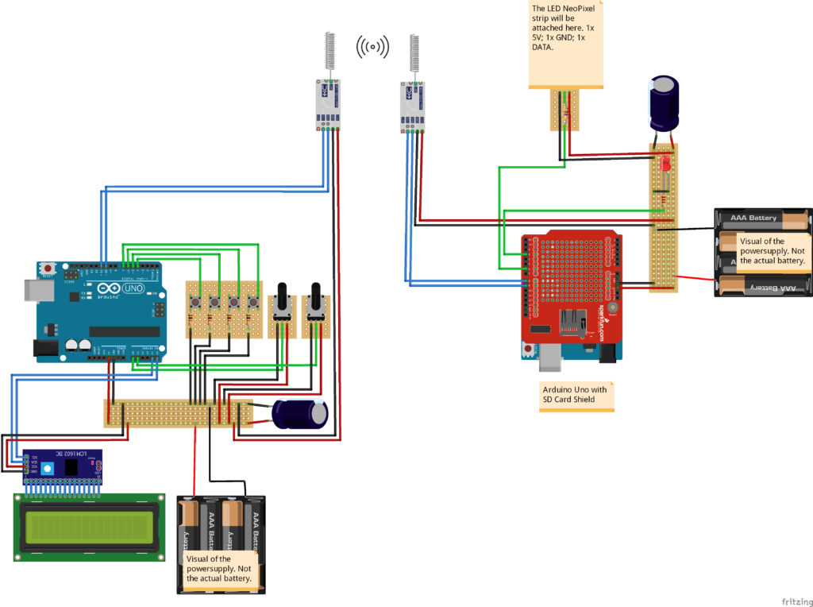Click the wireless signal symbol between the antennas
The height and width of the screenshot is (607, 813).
(x=372, y=48)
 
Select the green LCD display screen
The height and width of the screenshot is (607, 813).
(x=84, y=528)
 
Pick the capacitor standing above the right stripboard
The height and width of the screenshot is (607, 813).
(x=665, y=102)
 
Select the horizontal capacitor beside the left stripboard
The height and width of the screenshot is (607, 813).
(x=300, y=415)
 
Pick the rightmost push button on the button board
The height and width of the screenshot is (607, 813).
(x=252, y=302)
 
